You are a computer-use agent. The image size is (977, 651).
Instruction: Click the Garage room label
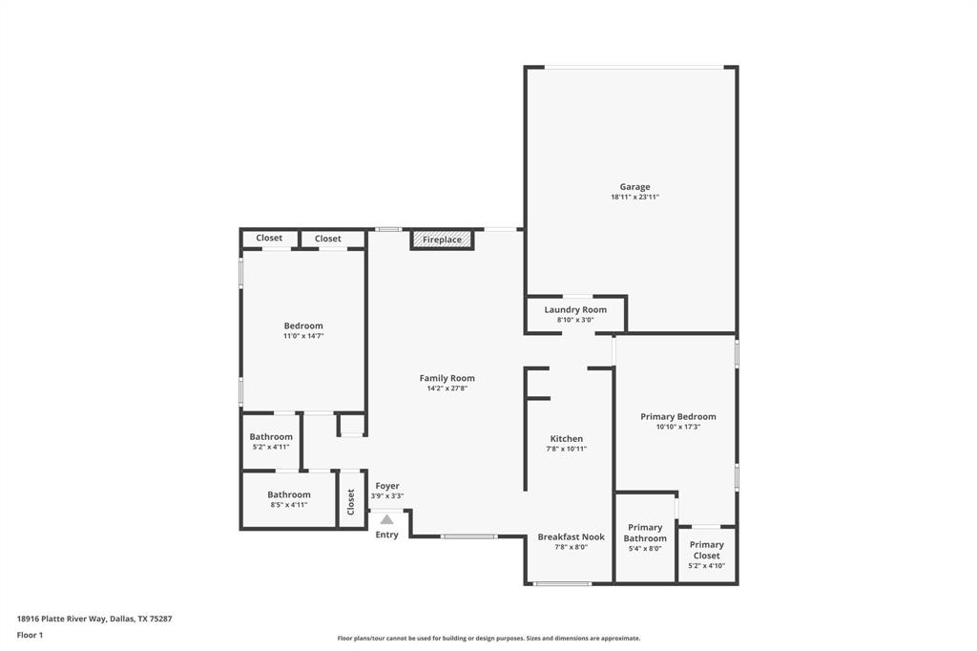point(634,187)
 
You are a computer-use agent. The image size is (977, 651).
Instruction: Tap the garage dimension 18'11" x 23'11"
point(634,198)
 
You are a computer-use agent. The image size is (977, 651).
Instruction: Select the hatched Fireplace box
point(442,240)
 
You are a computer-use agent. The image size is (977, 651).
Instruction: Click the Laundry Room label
point(575,310)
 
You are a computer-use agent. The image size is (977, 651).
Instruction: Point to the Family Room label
point(447,378)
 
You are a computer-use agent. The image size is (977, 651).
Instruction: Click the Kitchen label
point(566,439)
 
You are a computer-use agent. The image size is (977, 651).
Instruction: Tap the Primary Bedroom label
point(677,416)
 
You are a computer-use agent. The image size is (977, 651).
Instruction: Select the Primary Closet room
point(706,555)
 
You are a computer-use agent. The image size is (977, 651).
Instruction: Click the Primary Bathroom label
point(645,533)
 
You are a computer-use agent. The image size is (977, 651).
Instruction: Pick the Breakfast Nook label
point(571,536)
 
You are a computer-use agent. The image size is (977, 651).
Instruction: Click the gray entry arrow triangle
point(386,519)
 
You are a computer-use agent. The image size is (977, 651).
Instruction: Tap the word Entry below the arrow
point(386,535)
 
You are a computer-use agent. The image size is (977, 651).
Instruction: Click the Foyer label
point(386,486)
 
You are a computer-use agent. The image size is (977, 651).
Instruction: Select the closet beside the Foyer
point(351,498)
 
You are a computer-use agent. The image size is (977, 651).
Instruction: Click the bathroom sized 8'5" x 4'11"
point(288,499)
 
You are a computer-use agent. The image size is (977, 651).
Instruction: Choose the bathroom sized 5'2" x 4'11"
point(270,441)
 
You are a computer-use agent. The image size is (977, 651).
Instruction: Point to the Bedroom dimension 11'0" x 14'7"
point(303,336)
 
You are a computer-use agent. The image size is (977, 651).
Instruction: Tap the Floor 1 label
point(30,635)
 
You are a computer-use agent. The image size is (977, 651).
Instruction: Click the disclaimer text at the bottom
point(488,639)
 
